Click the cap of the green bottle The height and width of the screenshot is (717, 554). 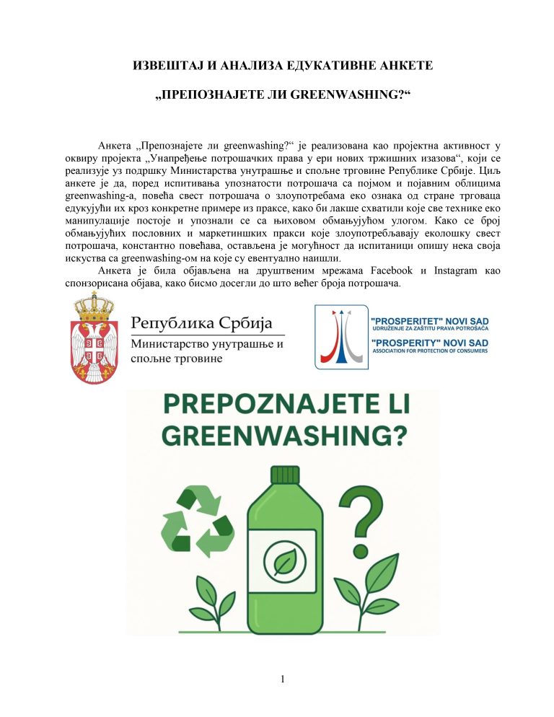point(284,475)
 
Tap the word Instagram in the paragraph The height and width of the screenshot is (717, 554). point(457,270)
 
